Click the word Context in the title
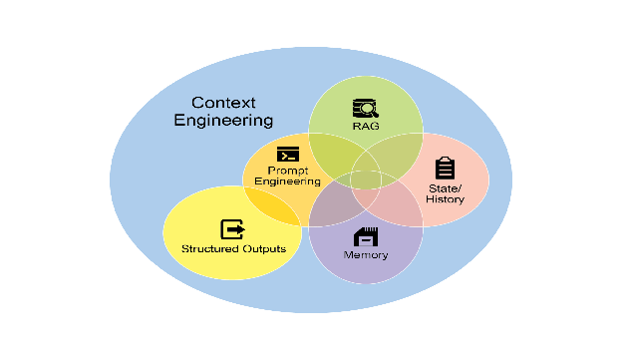pos(223,103)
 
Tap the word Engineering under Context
pos(223,121)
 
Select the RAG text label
pos(366,127)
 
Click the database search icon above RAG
pos(366,108)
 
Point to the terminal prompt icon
pos(288,154)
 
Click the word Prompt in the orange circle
pos(288,171)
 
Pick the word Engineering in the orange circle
pos(288,181)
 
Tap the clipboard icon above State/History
pos(446,168)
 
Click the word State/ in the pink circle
pos(446,188)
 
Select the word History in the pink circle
pos(446,198)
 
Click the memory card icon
pos(366,237)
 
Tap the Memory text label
pos(366,255)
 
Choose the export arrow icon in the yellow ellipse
pos(232,229)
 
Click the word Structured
pos(210,249)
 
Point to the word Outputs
pos(264,249)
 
